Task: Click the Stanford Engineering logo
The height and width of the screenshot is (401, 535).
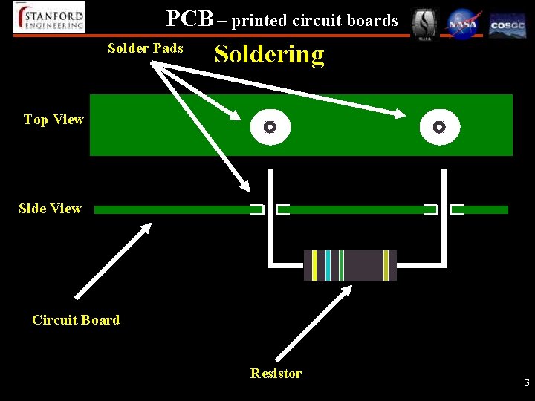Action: point(49,17)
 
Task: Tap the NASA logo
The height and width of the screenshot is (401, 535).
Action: point(463,24)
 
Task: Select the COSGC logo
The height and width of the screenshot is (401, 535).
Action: point(508,25)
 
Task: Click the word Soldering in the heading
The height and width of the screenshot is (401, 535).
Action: point(269,54)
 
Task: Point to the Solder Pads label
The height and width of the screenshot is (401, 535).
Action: point(145,48)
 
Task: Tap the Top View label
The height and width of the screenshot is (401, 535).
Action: point(53,120)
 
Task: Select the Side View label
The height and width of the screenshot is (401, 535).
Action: point(50,209)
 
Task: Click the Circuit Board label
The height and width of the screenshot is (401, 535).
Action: point(76,320)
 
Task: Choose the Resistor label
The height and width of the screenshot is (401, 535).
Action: point(276,374)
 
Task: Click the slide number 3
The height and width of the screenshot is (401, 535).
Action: point(526,383)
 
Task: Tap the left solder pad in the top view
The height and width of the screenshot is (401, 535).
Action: point(270,127)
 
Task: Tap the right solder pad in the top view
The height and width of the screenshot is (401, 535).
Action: point(439,127)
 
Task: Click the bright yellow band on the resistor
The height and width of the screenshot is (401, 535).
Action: point(314,265)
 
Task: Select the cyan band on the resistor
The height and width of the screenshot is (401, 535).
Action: point(328,265)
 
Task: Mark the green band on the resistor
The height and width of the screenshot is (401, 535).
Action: point(341,265)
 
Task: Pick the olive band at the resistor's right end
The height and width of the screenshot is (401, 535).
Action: point(386,265)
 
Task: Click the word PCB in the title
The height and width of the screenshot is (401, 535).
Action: point(189,18)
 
